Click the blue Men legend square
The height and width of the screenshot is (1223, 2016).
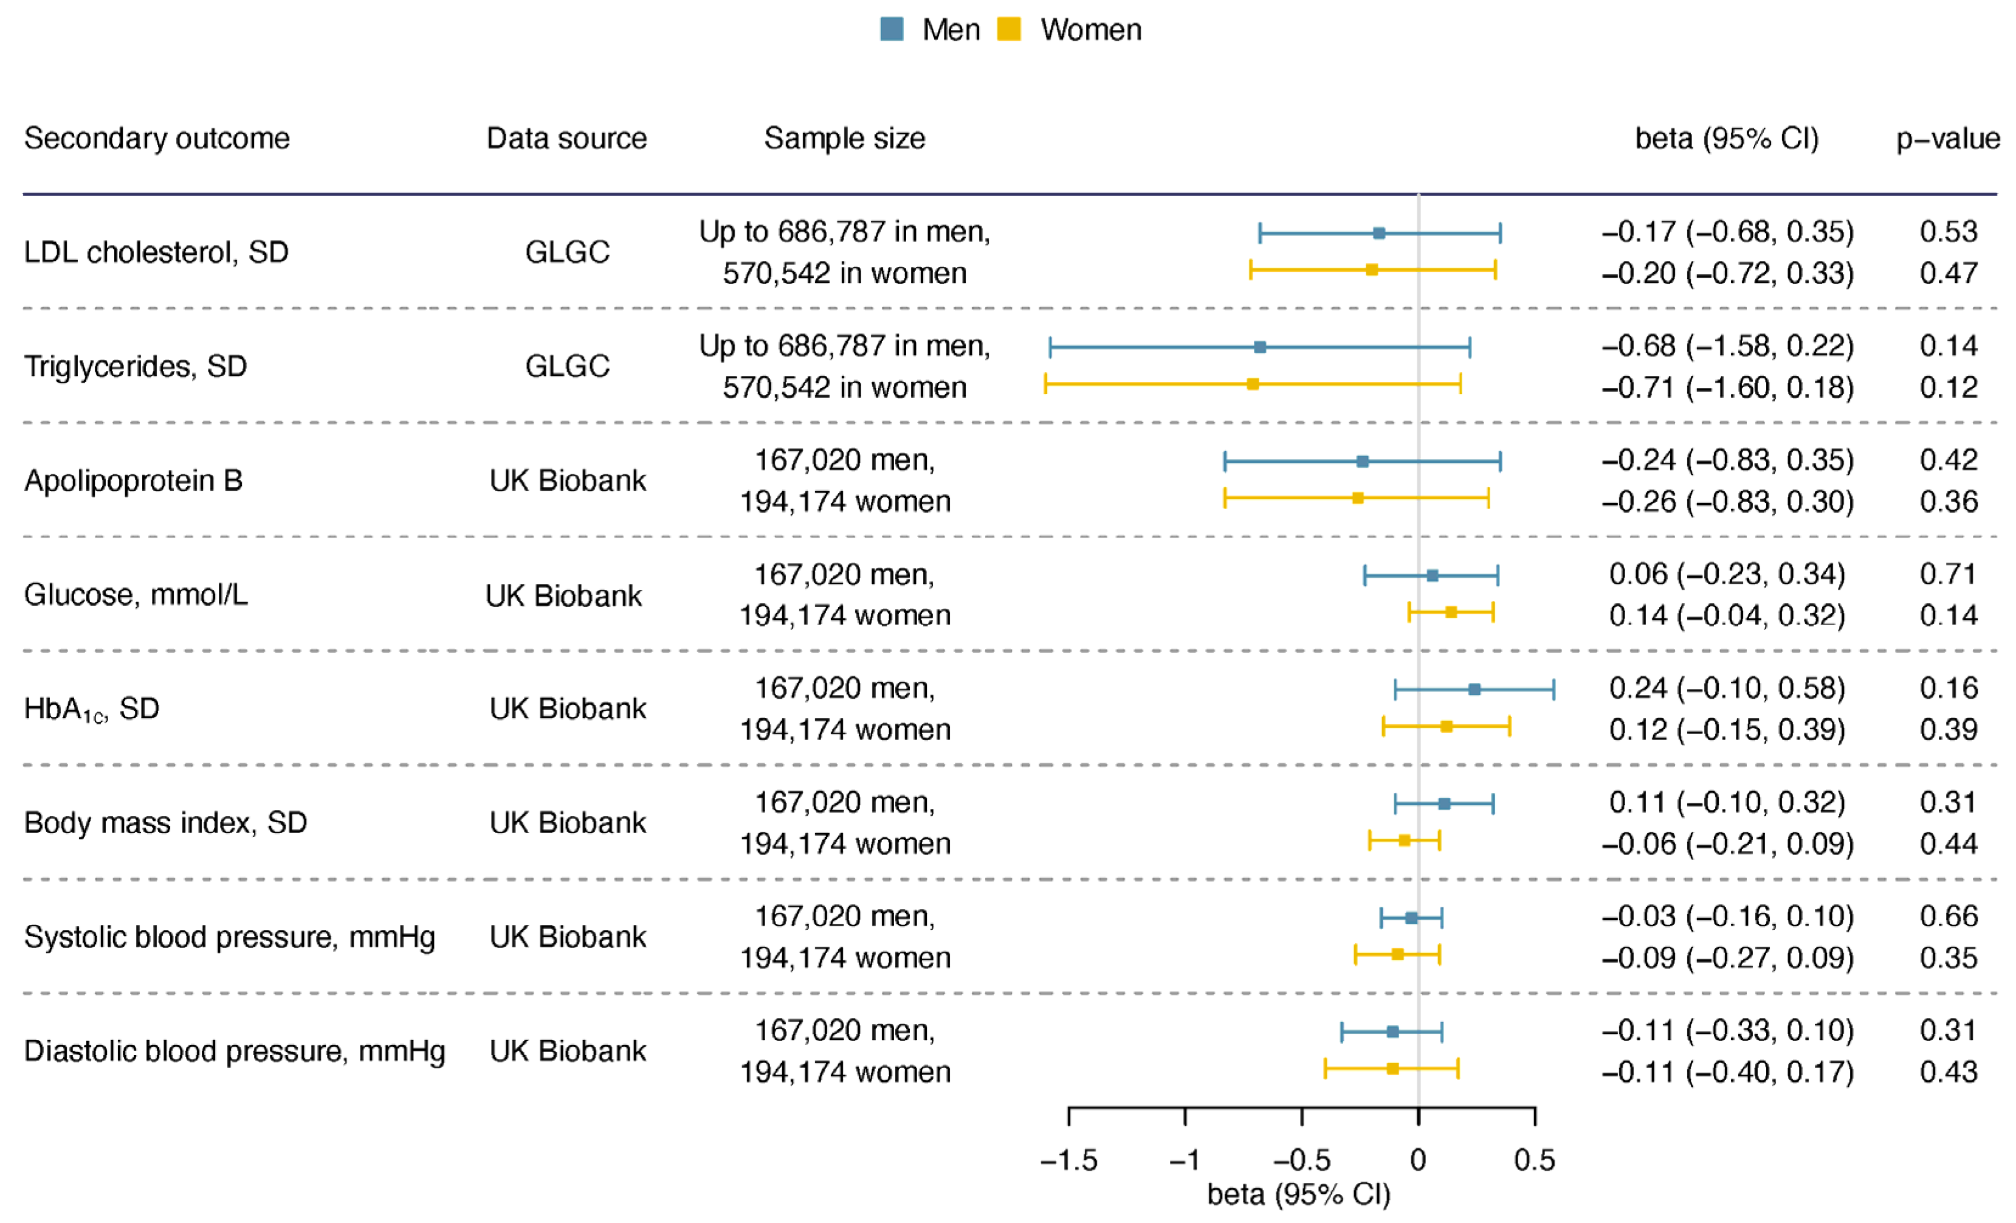891,29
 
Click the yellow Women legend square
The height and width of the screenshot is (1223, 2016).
1009,29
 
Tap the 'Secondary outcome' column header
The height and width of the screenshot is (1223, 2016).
156,138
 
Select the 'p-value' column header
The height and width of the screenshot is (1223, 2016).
1947,138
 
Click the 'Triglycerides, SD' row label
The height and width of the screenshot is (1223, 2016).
135,366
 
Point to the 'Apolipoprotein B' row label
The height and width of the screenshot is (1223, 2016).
133,480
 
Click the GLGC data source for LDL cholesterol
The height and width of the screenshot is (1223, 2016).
567,252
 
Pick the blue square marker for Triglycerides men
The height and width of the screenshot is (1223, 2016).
1260,347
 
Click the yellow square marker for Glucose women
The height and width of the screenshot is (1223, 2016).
1451,612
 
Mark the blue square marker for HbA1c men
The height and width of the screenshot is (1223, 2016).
1474,689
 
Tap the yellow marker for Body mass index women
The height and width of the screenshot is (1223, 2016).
1404,840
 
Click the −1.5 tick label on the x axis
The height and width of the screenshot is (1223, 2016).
1068,1160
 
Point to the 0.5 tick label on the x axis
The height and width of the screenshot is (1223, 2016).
1534,1160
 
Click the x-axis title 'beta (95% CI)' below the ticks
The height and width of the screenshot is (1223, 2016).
1298,1194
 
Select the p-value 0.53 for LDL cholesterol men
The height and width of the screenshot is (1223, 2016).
1948,232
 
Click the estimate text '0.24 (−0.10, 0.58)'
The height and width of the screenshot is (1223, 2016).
1726,688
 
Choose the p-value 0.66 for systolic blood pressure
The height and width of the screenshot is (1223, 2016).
1948,916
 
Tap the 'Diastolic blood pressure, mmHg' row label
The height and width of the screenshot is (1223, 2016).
234,1051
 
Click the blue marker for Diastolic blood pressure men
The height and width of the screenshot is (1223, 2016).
1392,1031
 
